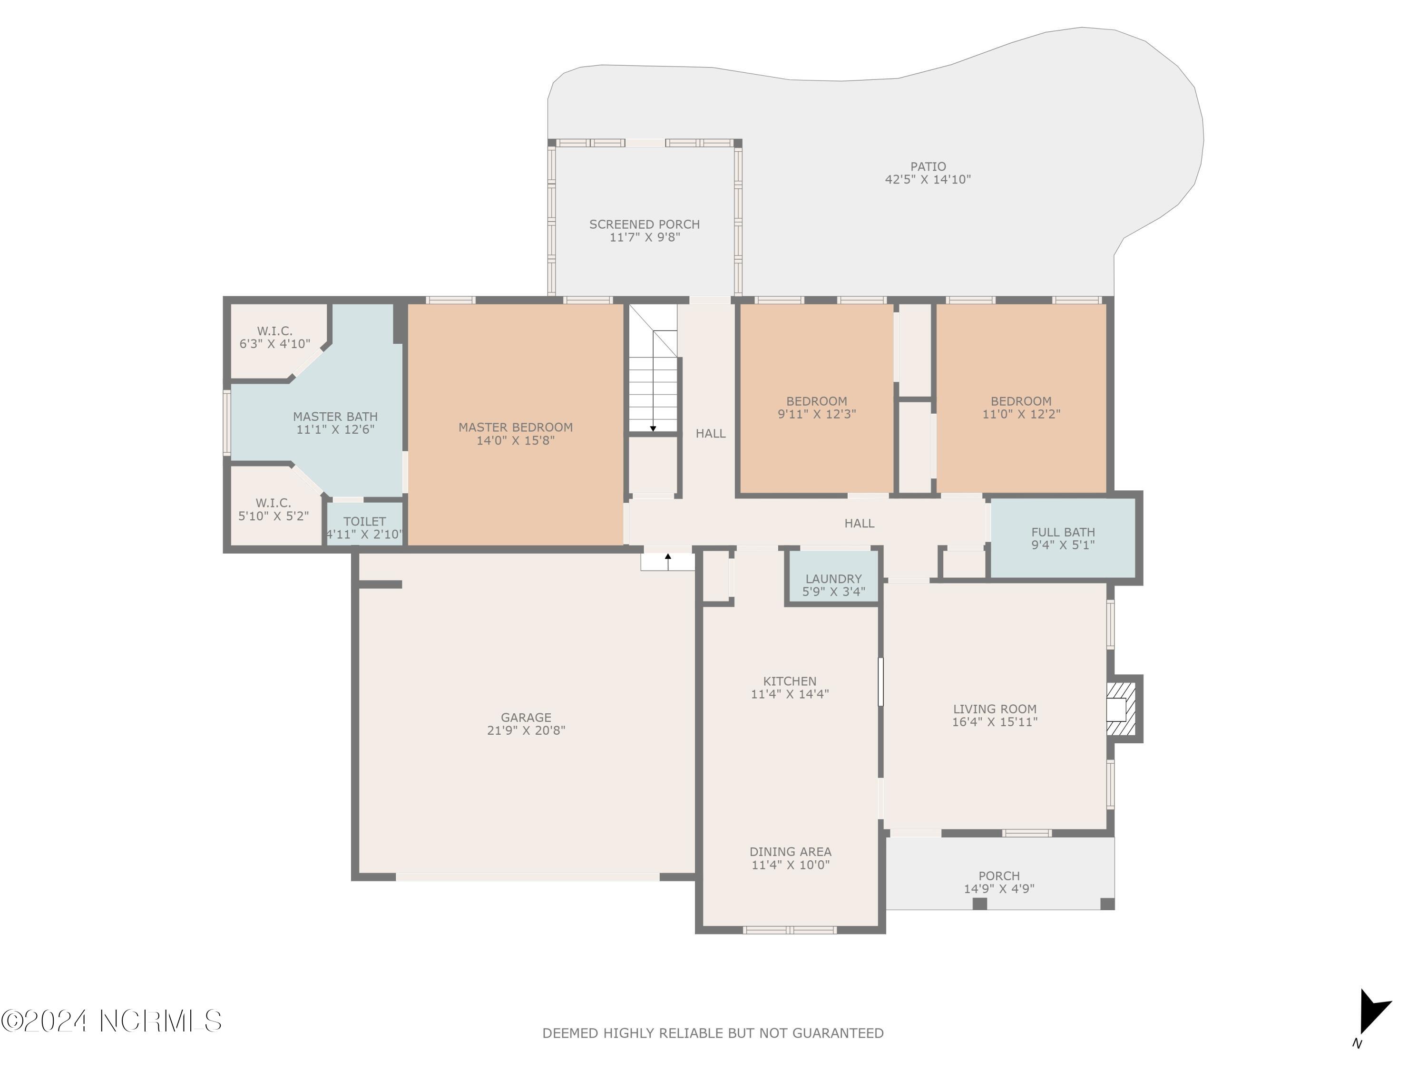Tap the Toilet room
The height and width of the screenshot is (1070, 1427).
[364, 526]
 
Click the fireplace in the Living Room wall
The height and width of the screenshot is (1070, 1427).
[1121, 709]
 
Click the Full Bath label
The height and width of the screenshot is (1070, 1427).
[1063, 532]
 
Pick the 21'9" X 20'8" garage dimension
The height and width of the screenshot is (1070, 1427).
[526, 730]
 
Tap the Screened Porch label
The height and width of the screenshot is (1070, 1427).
[644, 224]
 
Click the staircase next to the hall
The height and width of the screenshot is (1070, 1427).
[654, 380]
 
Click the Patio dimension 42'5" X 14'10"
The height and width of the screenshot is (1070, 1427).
[927, 179]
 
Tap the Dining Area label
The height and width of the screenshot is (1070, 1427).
[790, 851]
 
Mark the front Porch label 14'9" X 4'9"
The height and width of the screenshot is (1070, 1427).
[998, 882]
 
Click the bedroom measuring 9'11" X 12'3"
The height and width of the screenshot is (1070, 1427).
[816, 407]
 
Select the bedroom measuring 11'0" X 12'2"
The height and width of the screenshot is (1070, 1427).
[1021, 407]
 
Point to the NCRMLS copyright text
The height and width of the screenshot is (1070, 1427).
[111, 1021]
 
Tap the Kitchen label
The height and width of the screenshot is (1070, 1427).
[790, 681]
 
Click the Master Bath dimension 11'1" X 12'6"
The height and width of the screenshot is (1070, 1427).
[335, 429]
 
